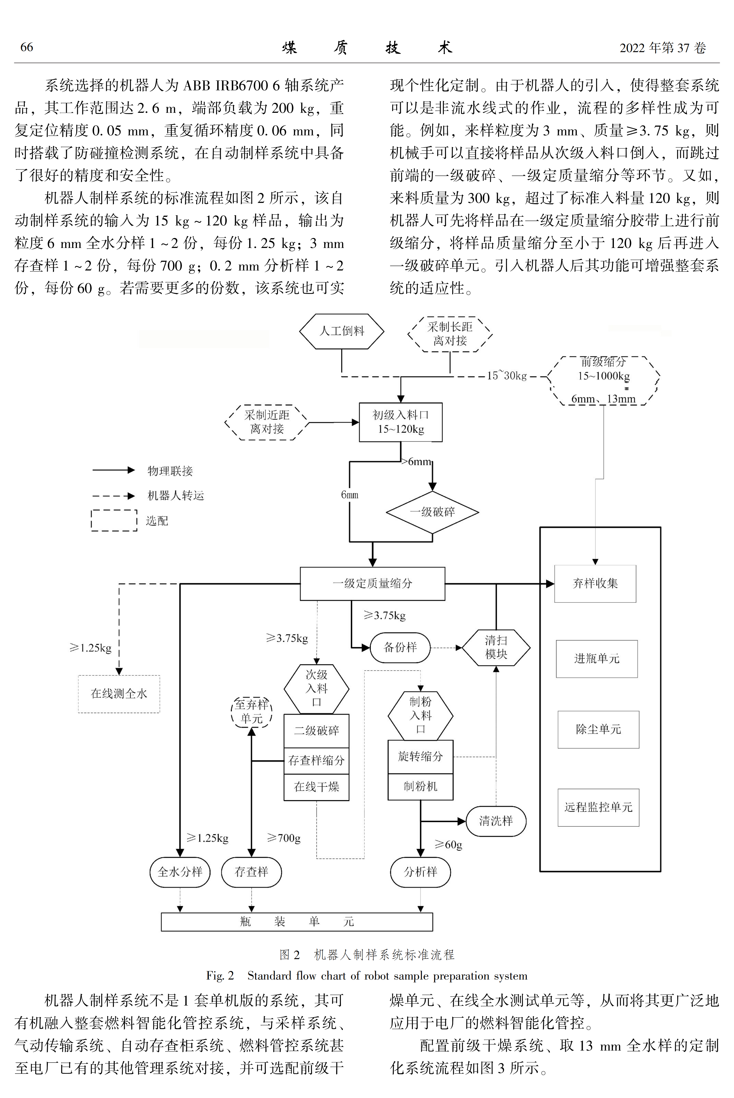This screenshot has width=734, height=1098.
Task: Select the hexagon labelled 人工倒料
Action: coord(342,331)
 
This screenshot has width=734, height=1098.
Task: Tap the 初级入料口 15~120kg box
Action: coord(401,422)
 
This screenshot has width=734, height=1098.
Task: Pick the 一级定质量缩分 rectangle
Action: coord(373,584)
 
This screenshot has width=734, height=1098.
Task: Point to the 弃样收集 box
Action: coord(595,584)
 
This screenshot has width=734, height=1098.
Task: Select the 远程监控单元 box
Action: coord(598,807)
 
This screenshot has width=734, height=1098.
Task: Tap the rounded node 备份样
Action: coord(400,648)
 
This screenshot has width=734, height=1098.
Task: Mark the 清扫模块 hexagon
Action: coord(496,648)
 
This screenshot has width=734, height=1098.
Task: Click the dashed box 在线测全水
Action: coord(119,694)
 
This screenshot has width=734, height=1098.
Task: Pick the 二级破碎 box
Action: coord(316,730)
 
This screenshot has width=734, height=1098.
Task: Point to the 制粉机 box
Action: coord(420,787)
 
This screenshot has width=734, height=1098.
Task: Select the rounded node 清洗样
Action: coord(496,821)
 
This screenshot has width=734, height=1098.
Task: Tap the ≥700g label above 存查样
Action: coord(284,838)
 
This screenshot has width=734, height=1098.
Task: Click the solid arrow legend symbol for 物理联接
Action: coord(114,470)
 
